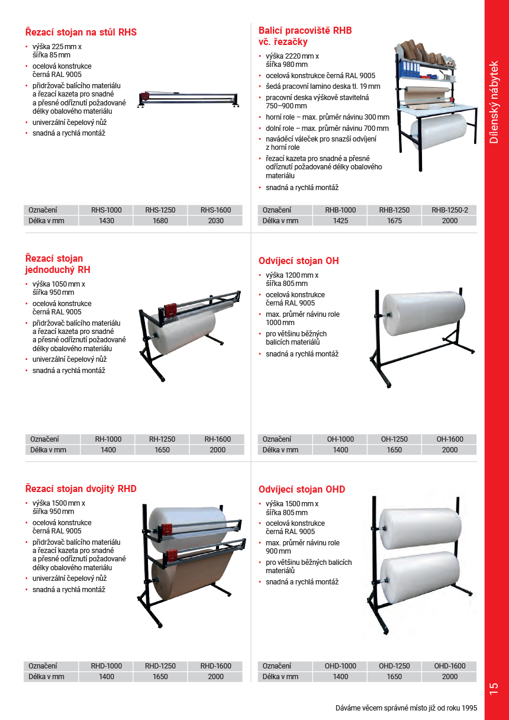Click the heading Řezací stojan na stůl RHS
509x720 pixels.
point(81,32)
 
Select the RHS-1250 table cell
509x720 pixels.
point(160,210)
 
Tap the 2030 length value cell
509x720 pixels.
point(215,221)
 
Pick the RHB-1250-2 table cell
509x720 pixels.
point(449,210)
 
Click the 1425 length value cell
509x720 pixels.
point(340,221)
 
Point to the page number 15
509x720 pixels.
point(494,689)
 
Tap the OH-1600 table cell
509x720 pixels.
point(450,439)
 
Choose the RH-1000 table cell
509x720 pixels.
point(108,439)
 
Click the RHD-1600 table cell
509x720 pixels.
point(215,666)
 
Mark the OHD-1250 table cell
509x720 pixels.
point(394,666)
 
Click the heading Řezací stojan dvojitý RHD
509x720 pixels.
point(81,489)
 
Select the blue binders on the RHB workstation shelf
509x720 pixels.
point(411,68)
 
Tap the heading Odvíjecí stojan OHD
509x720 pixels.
point(302,490)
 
